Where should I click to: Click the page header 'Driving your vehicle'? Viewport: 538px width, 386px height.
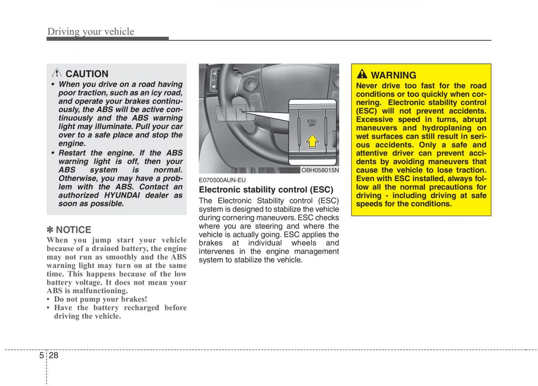coord(91,31)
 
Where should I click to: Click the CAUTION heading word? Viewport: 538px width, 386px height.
coord(87,74)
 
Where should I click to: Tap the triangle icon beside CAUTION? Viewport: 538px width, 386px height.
coord(57,74)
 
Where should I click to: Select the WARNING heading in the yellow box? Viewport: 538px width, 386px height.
coord(394,75)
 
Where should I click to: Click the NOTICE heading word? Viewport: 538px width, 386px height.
coord(74,230)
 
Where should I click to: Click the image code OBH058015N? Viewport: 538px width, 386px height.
coord(320,170)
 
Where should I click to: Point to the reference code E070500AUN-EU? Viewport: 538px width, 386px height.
coord(222,180)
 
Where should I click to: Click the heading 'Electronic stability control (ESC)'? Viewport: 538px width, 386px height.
coord(266,190)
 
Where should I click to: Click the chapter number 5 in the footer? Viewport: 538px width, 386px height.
coord(41,355)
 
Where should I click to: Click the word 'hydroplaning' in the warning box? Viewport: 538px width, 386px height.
coord(449,128)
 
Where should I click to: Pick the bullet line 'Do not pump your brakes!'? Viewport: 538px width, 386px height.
coord(100,299)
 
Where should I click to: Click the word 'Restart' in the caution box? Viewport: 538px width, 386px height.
coord(73,153)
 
